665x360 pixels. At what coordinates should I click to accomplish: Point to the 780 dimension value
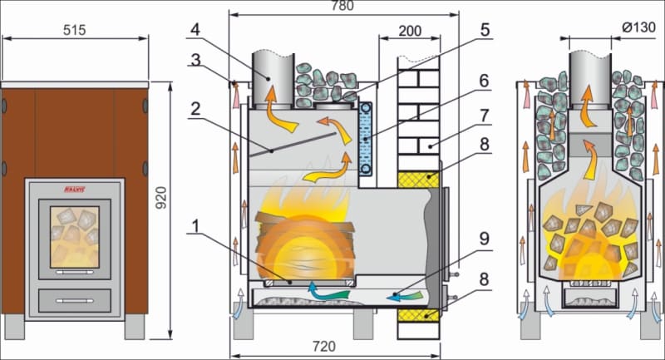click(342, 7)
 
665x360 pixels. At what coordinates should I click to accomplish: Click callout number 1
click(194, 226)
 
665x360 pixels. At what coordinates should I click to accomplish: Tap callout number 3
click(194, 60)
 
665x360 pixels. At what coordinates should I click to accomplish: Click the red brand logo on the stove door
click(74, 191)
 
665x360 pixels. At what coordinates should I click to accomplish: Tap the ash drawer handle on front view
click(74, 297)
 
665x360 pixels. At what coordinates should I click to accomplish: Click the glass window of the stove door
click(74, 236)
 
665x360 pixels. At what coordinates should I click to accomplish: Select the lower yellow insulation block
click(419, 317)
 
